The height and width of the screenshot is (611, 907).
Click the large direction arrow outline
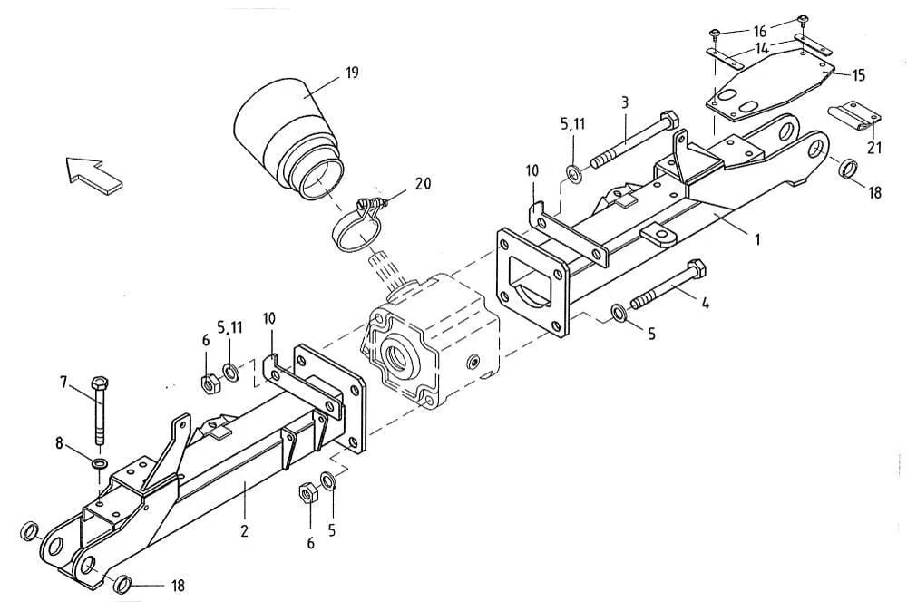tap(93, 172)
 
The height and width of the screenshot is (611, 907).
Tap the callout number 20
tap(424, 183)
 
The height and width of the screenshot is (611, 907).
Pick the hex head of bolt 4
tap(695, 269)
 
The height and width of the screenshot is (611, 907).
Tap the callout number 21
tap(874, 148)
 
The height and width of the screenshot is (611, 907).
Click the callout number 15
tap(858, 75)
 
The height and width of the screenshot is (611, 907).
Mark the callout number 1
tap(757, 238)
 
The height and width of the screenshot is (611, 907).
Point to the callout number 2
tap(245, 530)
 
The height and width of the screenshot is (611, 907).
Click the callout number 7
tap(64, 382)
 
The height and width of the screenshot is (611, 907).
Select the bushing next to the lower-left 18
tap(122, 585)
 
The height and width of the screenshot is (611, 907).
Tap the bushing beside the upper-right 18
tap(848, 169)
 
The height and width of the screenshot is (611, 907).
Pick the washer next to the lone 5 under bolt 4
tap(619, 313)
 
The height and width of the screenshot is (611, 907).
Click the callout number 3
tap(625, 103)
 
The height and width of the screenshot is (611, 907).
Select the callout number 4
tap(705, 302)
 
